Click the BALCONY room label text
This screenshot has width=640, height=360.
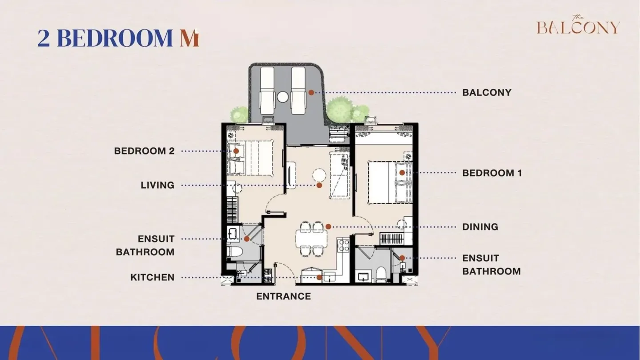pyautogui.click(x=487, y=92)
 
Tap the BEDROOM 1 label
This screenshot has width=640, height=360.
pyautogui.click(x=492, y=173)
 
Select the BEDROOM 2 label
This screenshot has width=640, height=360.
pyautogui.click(x=144, y=151)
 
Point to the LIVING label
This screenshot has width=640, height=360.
pyautogui.click(x=157, y=185)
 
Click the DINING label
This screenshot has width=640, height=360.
pyautogui.click(x=480, y=227)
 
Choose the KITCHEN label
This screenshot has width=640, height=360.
pyautogui.click(x=152, y=277)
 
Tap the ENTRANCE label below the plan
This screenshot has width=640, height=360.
pyautogui.click(x=284, y=296)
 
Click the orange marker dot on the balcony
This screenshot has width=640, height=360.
pyautogui.click(x=312, y=92)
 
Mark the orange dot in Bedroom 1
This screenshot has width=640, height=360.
pyautogui.click(x=402, y=172)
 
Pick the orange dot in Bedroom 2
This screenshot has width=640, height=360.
pyautogui.click(x=236, y=151)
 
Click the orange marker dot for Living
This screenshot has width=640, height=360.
pyautogui.click(x=320, y=185)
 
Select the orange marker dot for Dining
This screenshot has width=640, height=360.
pyautogui.click(x=328, y=227)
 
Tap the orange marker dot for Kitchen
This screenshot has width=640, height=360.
pyautogui.click(x=319, y=277)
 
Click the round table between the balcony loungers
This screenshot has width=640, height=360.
pyautogui.click(x=283, y=97)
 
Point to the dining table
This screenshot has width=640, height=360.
pyautogui.click(x=312, y=239)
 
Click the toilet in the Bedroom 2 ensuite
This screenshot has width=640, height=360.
pyautogui.click(x=235, y=252)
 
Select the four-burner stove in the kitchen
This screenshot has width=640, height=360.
pyautogui.click(x=344, y=246)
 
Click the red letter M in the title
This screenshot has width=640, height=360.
pyautogui.click(x=189, y=38)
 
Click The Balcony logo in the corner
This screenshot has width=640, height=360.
pyautogui.click(x=578, y=25)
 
